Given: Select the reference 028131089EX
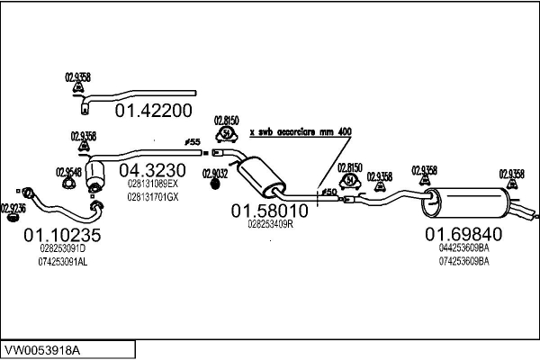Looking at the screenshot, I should click(153, 184).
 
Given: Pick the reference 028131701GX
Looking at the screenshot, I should click(153, 196).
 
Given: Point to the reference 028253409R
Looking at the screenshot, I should click(270, 224).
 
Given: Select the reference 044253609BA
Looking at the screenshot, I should click(463, 247).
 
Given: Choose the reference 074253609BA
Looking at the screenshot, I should click(463, 261).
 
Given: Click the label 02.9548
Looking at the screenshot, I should click(68, 172).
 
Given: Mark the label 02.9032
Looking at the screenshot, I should click(215, 173).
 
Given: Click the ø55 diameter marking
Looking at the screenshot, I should click(192, 142).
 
